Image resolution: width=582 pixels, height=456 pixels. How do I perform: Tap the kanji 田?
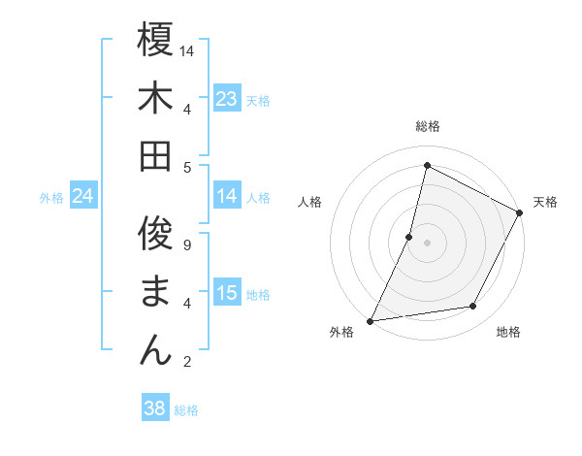tap(155, 155)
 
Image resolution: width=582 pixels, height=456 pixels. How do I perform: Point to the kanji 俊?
tap(155, 234)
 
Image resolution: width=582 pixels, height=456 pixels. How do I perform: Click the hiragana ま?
tap(155, 291)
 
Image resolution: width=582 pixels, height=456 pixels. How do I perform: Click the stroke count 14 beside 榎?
tap(188, 49)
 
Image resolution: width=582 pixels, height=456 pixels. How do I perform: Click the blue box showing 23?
tap(227, 99)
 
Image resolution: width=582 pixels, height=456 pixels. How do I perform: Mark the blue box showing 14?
tap(227, 196)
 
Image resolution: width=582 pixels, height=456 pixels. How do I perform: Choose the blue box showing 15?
tap(227, 293)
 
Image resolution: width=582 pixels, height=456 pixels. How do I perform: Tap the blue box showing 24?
tap(83, 197)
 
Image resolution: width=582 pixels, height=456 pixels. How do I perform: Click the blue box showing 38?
tap(155, 408)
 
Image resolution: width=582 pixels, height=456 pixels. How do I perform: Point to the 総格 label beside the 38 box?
tap(187, 410)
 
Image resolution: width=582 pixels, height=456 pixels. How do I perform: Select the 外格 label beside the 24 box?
tap(51, 198)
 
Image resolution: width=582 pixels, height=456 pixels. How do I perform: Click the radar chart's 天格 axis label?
tap(545, 202)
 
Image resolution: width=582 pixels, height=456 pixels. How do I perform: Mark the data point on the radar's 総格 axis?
tap(427, 165)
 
